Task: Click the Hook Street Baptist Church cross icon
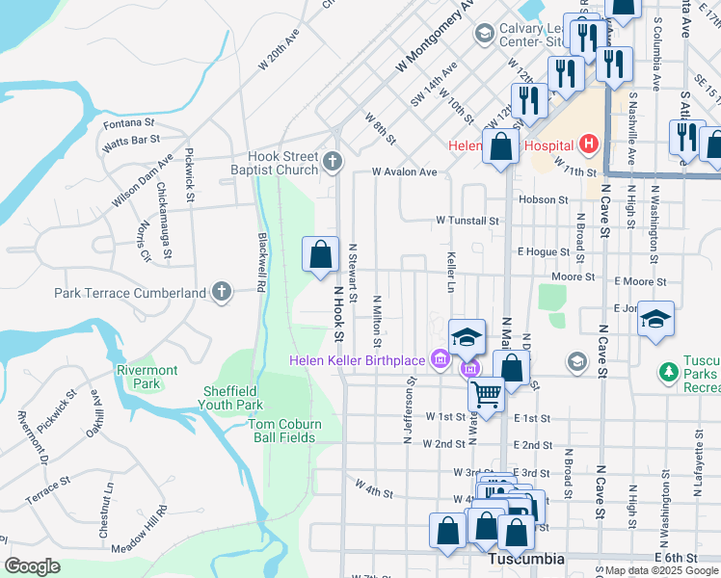(333, 161)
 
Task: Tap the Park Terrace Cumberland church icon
(222, 292)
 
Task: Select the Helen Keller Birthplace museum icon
(441, 360)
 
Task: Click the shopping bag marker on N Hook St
(321, 255)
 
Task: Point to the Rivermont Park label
(147, 377)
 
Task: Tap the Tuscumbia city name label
(525, 560)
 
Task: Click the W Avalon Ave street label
(405, 172)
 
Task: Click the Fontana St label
(128, 123)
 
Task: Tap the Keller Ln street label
(451, 273)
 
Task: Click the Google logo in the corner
(32, 565)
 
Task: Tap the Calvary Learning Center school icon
(484, 34)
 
